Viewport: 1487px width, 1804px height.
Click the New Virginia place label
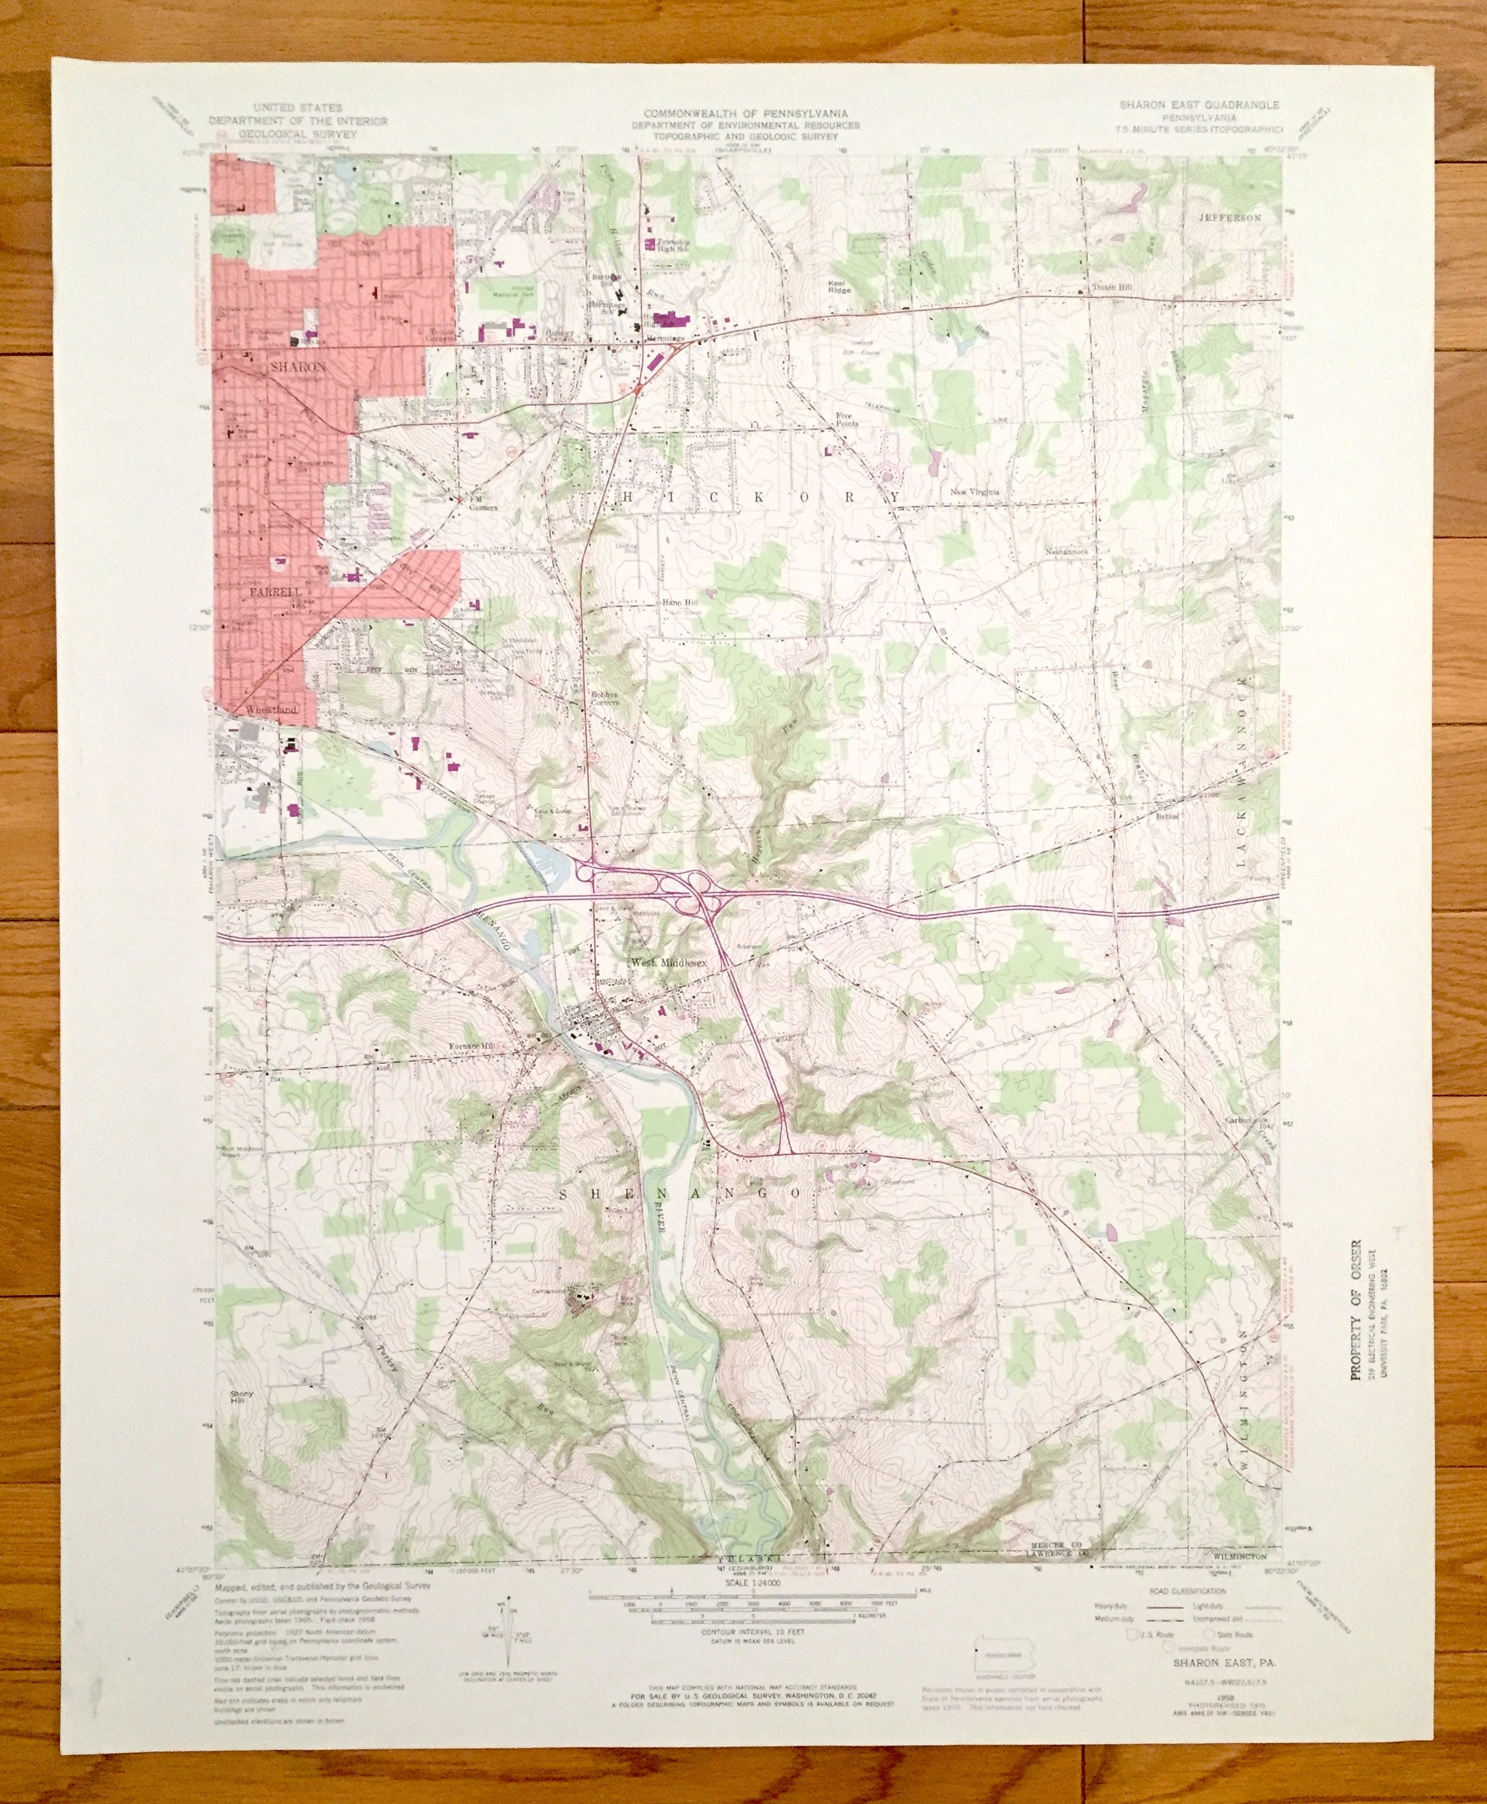click(x=975, y=493)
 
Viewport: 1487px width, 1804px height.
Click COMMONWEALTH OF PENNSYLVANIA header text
click(x=746, y=113)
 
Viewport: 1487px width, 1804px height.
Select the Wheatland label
click(x=271, y=710)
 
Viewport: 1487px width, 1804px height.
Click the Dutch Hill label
click(x=1112, y=288)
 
